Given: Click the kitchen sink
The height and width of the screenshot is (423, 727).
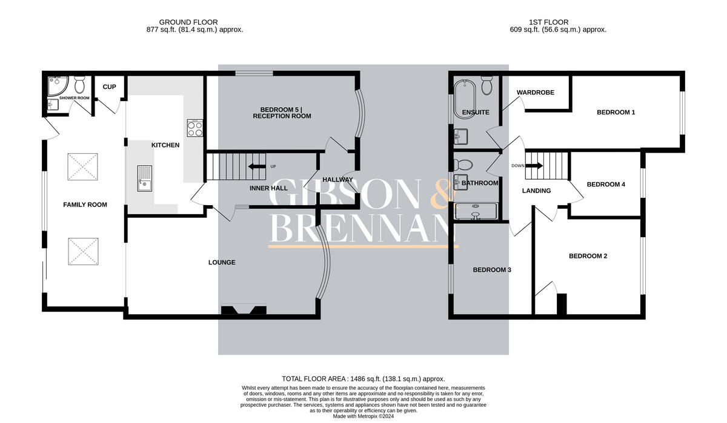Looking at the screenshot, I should point(144,178).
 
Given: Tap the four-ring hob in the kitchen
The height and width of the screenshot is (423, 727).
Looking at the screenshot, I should point(195,128).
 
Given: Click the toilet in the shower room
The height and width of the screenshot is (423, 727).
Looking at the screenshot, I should point(79,84).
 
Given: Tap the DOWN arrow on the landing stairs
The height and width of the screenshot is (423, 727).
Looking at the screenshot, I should point(536,166).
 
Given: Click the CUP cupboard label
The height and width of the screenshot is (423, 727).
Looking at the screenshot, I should point(109,87).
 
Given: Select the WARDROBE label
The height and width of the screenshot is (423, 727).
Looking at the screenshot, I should point(532,93).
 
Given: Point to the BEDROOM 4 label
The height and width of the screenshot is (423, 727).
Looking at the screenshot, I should point(606,185).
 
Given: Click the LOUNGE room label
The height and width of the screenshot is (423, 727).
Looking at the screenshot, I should point(222,263).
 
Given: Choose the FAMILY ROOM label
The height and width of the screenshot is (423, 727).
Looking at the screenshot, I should point(85,205).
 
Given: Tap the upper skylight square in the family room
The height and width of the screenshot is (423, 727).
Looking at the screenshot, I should point(82,166).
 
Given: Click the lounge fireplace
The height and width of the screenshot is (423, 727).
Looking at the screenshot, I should point(244,310).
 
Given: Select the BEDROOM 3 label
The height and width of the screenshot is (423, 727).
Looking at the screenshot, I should point(492,270).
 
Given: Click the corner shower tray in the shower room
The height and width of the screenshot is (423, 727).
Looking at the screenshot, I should point(56,86).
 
